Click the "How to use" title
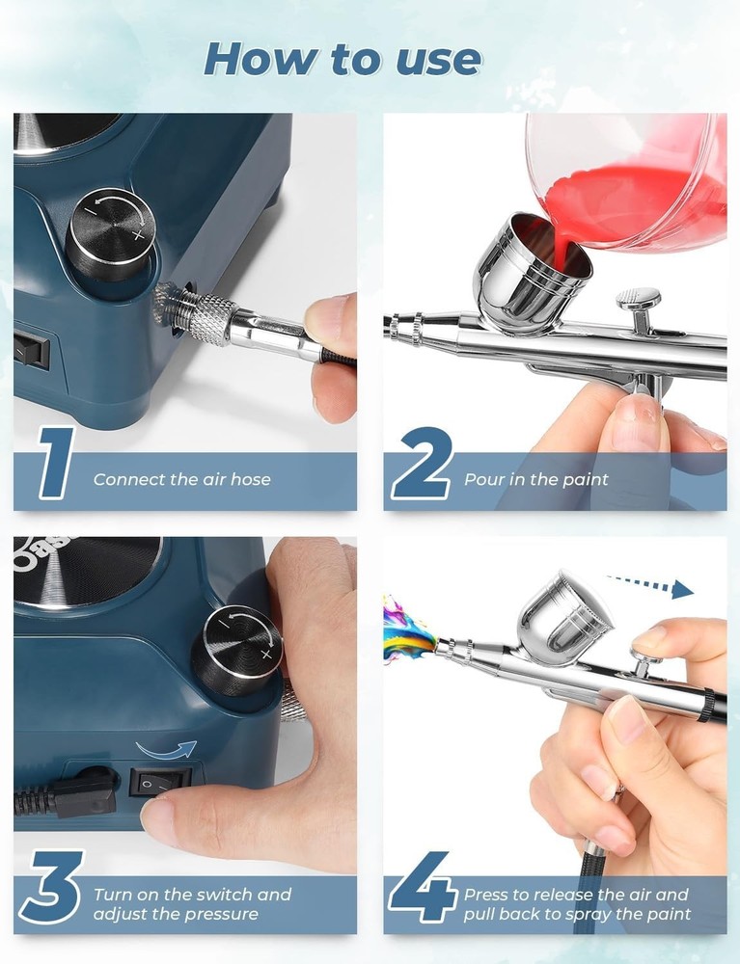point(343,60)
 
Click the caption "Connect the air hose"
point(181,479)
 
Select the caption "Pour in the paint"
point(536,479)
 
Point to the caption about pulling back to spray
point(577,903)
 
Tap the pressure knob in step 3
point(236,651)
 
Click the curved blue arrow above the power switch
point(165,747)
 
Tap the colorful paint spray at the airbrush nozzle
point(405,629)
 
